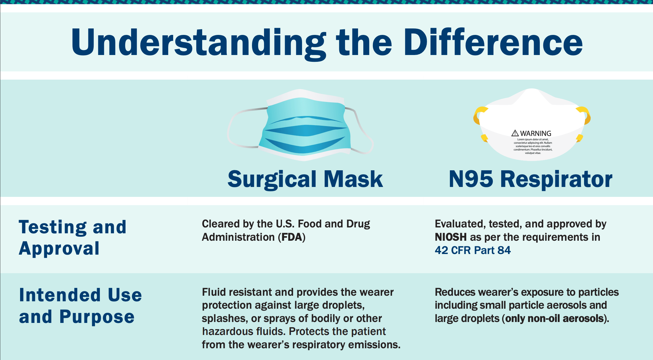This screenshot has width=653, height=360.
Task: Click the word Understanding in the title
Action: (198, 43)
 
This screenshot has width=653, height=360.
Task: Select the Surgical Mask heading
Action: (305, 179)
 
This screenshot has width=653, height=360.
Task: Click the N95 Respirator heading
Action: (530, 179)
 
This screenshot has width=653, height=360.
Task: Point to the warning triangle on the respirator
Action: (515, 133)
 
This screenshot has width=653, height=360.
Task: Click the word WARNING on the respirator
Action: (536, 133)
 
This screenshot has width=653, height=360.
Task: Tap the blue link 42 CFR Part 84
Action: (472, 250)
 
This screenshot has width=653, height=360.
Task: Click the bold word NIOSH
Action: (450, 237)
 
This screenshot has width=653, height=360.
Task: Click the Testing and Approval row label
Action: (73, 237)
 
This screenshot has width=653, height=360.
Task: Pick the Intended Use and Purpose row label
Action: (80, 306)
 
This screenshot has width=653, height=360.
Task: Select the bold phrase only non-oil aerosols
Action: (555, 319)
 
